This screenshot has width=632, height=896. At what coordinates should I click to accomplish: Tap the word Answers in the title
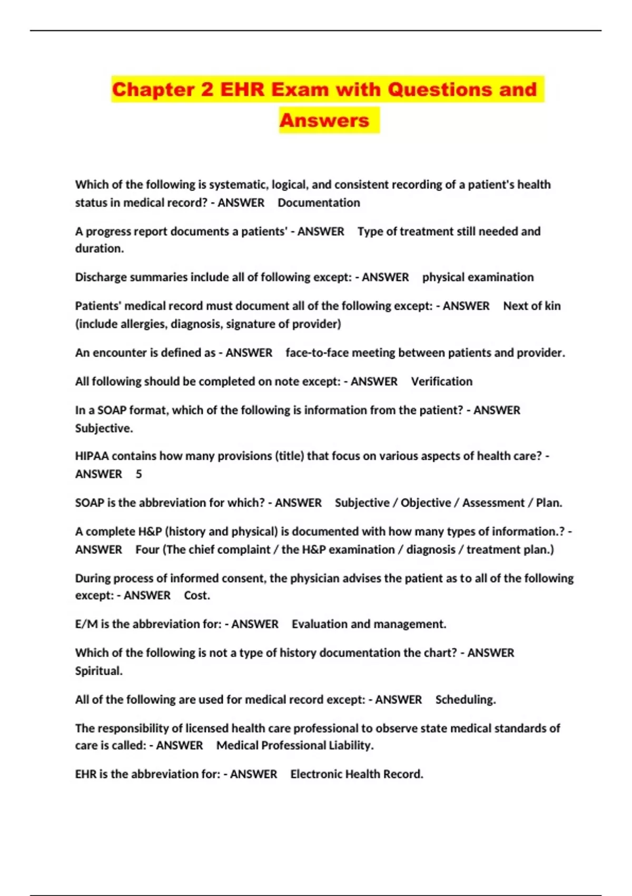pyautogui.click(x=324, y=120)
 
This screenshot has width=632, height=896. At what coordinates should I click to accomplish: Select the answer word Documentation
pyautogui.click(x=319, y=203)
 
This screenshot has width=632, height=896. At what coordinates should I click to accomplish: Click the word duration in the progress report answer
pyautogui.click(x=98, y=249)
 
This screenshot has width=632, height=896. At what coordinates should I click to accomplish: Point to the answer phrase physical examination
pyautogui.click(x=478, y=277)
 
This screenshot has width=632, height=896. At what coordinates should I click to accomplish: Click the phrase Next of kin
pyautogui.click(x=532, y=306)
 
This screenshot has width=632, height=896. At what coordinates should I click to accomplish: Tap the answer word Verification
pyautogui.click(x=441, y=382)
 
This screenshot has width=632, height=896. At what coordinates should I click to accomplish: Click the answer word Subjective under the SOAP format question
pyautogui.click(x=103, y=428)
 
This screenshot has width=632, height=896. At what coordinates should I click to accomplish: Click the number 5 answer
pyautogui.click(x=139, y=474)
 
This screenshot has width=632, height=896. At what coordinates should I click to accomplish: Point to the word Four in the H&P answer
pyautogui.click(x=147, y=550)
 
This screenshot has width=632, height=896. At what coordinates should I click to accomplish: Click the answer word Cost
pyautogui.click(x=196, y=596)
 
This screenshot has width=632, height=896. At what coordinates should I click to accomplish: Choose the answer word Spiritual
pyautogui.click(x=98, y=671)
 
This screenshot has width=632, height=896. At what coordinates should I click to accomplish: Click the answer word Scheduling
pyautogui.click(x=465, y=700)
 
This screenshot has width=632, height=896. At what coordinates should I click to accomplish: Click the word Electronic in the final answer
pyautogui.click(x=318, y=774)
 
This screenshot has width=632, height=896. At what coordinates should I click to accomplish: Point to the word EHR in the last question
pyautogui.click(x=85, y=774)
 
